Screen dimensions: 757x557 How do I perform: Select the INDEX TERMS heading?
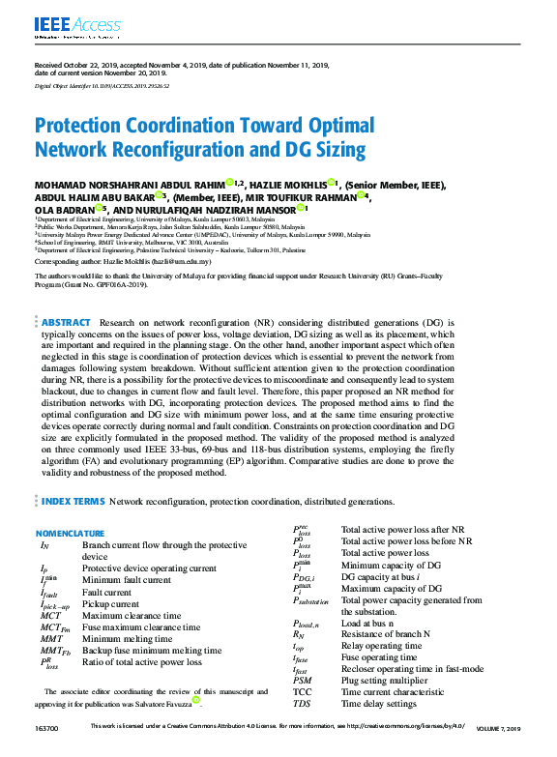[73, 502]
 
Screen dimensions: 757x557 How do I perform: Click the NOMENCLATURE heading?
[71, 534]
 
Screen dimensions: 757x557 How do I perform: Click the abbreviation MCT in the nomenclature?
[51, 615]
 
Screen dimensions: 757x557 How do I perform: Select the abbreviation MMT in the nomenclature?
[51, 639]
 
